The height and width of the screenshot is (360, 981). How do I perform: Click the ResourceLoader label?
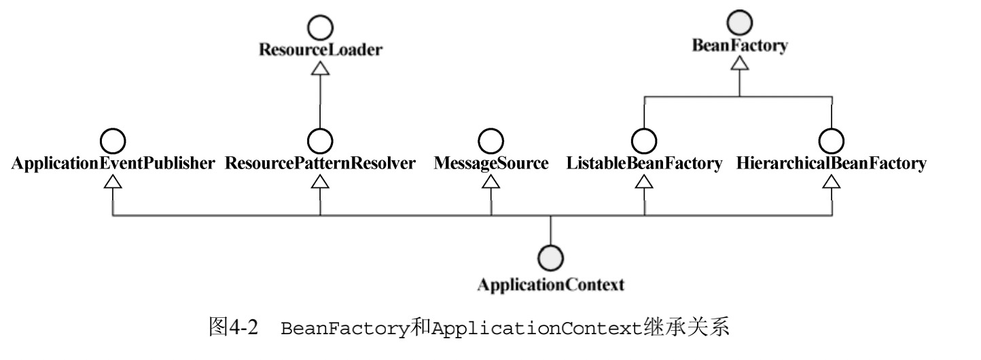(320, 50)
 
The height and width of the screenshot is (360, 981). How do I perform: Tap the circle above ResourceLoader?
(320, 28)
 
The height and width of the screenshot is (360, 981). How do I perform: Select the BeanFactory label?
(739, 46)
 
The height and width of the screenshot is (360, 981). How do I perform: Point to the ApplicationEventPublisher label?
(113, 164)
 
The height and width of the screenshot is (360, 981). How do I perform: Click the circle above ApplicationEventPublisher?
(113, 141)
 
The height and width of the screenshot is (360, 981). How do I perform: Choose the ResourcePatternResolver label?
(320, 164)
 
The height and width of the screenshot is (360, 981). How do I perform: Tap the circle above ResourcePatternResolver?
(320, 141)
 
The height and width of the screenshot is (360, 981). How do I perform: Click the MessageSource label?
(491, 164)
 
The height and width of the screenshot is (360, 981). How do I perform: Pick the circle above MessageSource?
(491, 141)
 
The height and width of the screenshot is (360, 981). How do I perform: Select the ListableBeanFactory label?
(644, 164)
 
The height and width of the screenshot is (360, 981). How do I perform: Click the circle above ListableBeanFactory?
(644, 141)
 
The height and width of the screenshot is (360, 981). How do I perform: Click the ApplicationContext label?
(550, 285)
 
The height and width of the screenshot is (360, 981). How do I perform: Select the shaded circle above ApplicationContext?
(550, 259)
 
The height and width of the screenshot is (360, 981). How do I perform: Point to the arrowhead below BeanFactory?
(740, 63)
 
